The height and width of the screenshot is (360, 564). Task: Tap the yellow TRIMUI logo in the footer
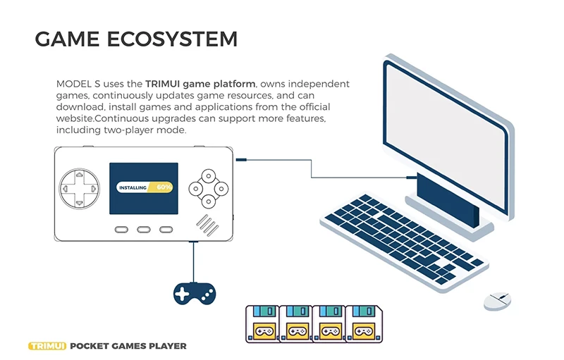coord(46,346)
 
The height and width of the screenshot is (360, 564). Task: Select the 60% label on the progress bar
coord(164,187)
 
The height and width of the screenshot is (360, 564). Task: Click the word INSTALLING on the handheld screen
coord(133,188)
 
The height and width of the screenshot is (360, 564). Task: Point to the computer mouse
coord(497,300)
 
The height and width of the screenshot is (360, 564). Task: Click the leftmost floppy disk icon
coord(262,323)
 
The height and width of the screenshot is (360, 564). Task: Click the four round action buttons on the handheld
coord(209,188)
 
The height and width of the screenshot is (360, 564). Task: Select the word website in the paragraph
coord(75,118)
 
